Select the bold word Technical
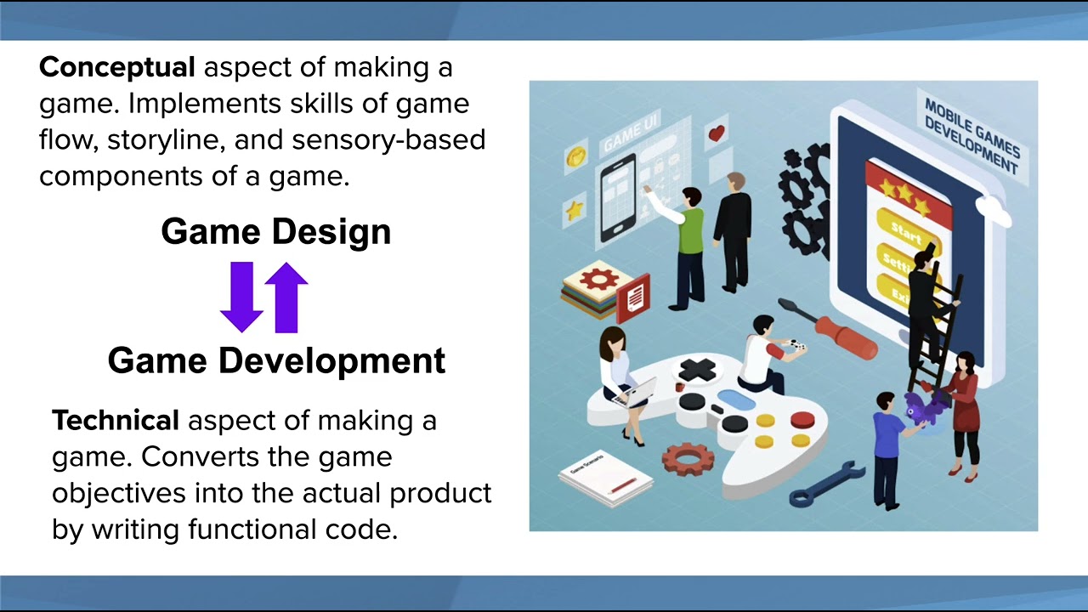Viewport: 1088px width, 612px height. [116, 420]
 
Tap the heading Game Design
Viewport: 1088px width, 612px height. [275, 232]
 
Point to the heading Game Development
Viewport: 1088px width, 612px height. [276, 361]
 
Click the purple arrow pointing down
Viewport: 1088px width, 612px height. [241, 297]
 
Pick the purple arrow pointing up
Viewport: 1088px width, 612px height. [286, 297]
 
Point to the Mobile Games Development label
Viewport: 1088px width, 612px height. [971, 133]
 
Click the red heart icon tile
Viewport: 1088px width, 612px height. [717, 133]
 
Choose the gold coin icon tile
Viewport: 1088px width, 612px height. [575, 156]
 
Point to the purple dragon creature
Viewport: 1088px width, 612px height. [924, 409]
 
